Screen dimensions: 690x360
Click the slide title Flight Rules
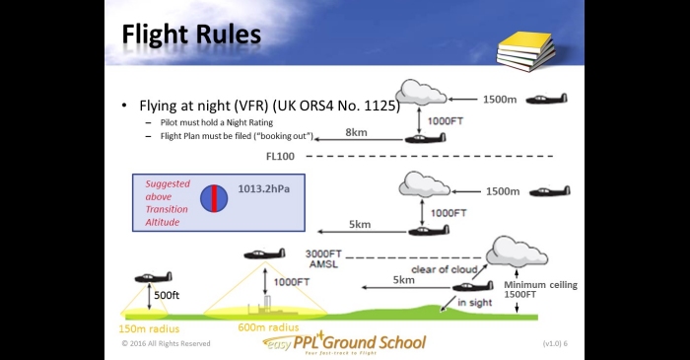[191, 36]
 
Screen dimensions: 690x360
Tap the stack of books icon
[525, 51]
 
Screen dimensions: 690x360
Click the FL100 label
[280, 156]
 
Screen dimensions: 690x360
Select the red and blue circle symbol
[214, 198]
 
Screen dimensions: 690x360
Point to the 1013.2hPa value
[264, 188]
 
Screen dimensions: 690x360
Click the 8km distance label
[356, 132]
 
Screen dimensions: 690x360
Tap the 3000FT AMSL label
[323, 258]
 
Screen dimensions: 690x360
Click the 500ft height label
[167, 295]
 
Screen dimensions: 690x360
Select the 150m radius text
[149, 328]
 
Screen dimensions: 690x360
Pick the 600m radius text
[268, 327]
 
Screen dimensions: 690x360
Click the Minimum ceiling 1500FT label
[540, 290]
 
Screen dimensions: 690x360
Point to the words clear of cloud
[444, 269]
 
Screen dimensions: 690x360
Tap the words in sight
[475, 303]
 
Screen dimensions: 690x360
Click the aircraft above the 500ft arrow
[153, 277]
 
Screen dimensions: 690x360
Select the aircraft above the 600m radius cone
[264, 253]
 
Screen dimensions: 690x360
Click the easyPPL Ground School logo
[345, 343]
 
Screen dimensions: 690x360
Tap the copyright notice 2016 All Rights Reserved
[166, 343]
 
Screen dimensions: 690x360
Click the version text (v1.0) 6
[555, 343]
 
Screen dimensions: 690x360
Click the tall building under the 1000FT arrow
[267, 303]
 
